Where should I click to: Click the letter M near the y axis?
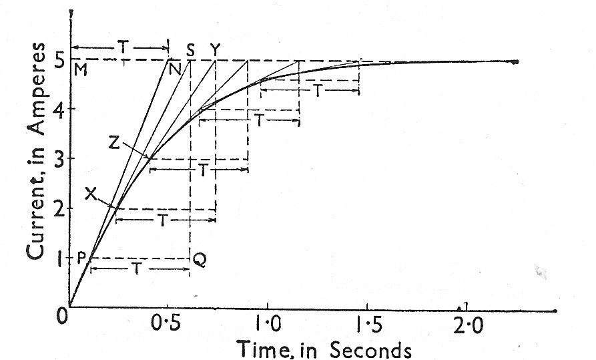(81, 69)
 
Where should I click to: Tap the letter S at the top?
(190, 49)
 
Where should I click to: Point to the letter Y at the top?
(215, 49)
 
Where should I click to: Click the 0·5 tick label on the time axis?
(168, 326)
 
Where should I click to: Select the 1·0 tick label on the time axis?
(268, 326)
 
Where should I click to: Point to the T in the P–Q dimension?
(137, 268)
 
